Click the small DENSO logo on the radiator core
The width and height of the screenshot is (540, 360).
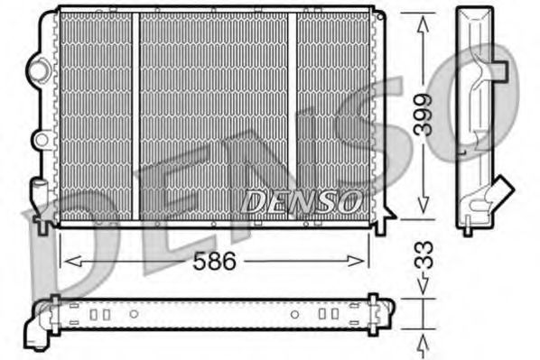pyautogui.click(x=303, y=201)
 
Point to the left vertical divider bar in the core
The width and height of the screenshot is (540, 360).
pyautogui.click(x=135, y=117)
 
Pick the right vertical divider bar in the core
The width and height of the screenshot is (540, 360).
pyautogui.click(x=293, y=117)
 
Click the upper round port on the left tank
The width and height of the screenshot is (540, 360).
pyautogui.click(x=39, y=67)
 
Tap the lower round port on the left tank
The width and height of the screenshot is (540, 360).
pyautogui.click(x=39, y=140)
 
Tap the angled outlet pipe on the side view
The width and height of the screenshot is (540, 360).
pyautogui.click(x=499, y=190)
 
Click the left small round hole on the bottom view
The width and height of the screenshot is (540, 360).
pyautogui.click(x=133, y=314)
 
